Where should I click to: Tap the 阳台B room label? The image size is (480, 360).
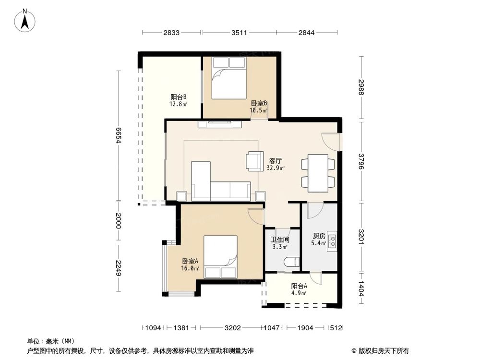tap(178, 99)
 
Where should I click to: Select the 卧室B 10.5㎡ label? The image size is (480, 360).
tap(258, 107)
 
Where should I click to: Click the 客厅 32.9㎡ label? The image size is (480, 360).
tap(275, 164)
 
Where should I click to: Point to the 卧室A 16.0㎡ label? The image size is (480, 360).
tap(190, 264)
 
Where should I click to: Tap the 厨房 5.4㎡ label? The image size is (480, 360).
tap(319, 240)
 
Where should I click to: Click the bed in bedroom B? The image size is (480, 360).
tap(228, 78)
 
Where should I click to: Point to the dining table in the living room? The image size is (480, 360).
tap(318, 172)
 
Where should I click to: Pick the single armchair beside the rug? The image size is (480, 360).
tap(254, 161)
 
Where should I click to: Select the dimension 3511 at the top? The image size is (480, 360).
tap(239, 33)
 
